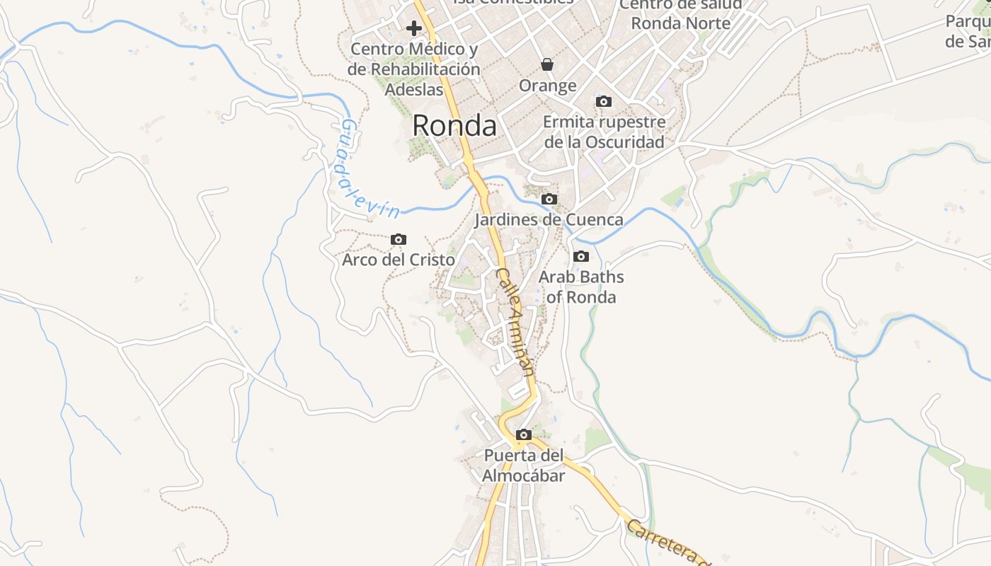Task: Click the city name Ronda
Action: pyautogui.click(x=454, y=126)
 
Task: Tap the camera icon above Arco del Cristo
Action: pyautogui.click(x=399, y=240)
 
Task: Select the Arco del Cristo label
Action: pyautogui.click(x=399, y=260)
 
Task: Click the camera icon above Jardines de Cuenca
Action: pyautogui.click(x=549, y=200)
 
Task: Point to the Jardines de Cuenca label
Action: pyautogui.click(x=549, y=219)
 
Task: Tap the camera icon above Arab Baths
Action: pyautogui.click(x=581, y=256)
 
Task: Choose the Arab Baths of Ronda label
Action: pyautogui.click(x=581, y=287)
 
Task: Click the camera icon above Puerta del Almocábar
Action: pyautogui.click(x=524, y=435)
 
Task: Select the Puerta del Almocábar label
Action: pyautogui.click(x=524, y=466)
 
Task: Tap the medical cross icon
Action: pyautogui.click(x=414, y=28)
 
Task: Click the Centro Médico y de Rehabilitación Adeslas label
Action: pyautogui.click(x=414, y=69)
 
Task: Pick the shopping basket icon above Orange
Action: pyautogui.click(x=547, y=65)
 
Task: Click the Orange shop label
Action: pyautogui.click(x=547, y=86)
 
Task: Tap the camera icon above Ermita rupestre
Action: pyautogui.click(x=604, y=102)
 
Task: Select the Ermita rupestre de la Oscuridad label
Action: pyautogui.click(x=605, y=132)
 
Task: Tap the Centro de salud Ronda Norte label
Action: pyautogui.click(x=680, y=14)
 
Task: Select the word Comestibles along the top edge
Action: pyautogui.click(x=524, y=3)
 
